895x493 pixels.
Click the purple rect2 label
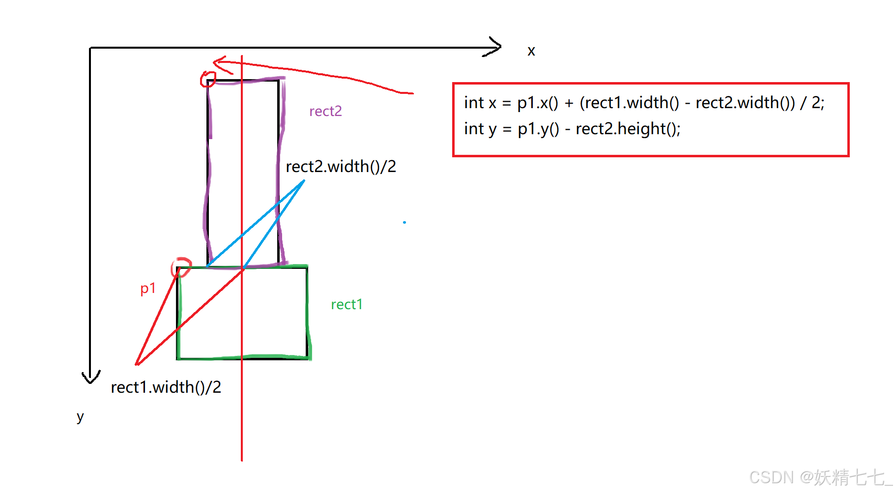tap(325, 112)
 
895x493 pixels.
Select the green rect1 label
tap(346, 305)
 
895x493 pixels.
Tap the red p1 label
tap(148, 289)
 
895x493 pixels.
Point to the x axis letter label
tap(531, 51)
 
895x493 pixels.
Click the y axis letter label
tap(80, 417)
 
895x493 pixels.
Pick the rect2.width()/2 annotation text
tap(341, 167)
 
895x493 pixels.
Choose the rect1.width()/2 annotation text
tap(166, 387)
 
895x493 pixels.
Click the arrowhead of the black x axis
tap(497, 47)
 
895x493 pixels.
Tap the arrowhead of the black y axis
tap(90, 379)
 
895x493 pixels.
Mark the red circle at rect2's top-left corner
tap(208, 79)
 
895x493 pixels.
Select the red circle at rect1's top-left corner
tap(181, 267)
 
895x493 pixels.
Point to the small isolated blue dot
tap(404, 223)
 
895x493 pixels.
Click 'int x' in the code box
tap(480, 103)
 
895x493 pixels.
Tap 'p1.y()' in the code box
tap(538, 129)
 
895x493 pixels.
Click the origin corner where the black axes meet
tap(90, 48)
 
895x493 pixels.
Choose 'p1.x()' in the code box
tap(538, 103)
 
